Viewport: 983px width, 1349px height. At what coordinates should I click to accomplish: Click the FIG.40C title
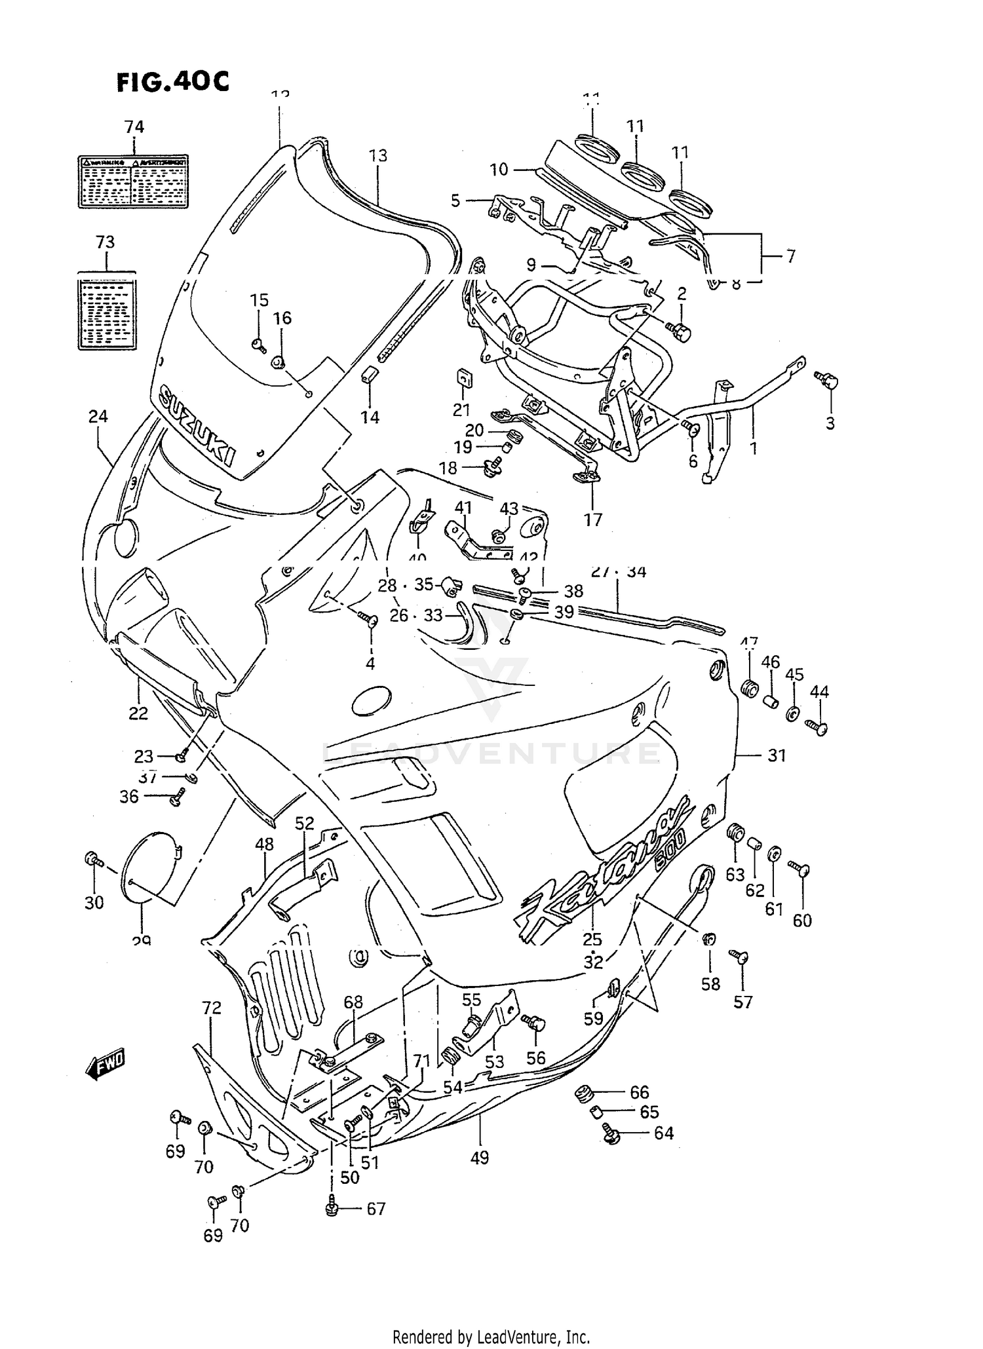(173, 82)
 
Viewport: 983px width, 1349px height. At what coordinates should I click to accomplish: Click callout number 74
(134, 126)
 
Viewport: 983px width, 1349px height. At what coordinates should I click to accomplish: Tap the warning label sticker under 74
(134, 181)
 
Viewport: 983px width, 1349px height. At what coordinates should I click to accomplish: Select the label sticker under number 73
(107, 311)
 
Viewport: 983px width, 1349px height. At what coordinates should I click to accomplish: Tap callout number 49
(479, 1158)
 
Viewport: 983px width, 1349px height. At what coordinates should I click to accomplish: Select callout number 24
(98, 416)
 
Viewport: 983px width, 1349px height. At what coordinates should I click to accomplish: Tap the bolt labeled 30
(92, 859)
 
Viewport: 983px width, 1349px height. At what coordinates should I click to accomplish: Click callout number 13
(378, 155)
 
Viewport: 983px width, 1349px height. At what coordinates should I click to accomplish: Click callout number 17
(593, 520)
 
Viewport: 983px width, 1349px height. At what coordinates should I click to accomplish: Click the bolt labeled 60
(800, 871)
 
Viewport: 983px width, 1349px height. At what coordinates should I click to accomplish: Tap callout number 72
(212, 1008)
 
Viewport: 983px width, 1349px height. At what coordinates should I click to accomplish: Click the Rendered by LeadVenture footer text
(491, 1337)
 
